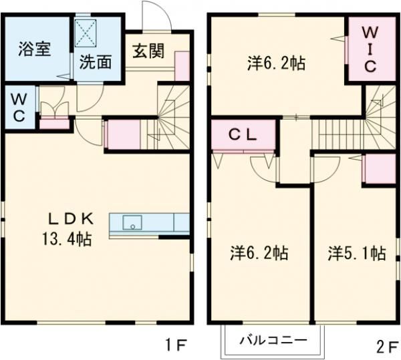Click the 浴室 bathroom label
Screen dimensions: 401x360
point(35,49)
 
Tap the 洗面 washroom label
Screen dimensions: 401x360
point(96,62)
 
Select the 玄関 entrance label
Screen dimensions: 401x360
point(148,51)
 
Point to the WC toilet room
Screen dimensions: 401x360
point(19,108)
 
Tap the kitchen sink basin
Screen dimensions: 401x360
point(132,223)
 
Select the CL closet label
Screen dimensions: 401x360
point(243,135)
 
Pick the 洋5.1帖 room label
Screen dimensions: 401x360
point(357,253)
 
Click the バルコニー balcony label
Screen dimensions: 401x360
point(273,341)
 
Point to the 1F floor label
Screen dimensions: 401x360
point(176,345)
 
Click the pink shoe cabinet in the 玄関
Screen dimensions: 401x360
point(182,66)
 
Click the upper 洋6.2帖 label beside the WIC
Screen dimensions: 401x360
point(277,63)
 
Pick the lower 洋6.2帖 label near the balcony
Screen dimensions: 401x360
point(259,253)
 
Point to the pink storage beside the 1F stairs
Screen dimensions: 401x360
point(124,135)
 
